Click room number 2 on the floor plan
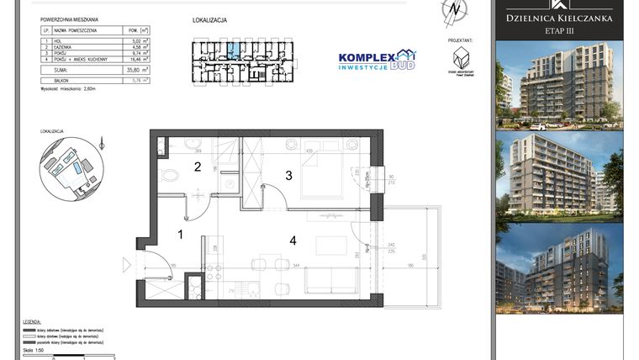(198, 167)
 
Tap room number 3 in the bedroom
(288, 176)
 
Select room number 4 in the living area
(293, 241)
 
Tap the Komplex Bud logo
(376, 60)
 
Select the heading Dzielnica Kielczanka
(558, 18)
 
